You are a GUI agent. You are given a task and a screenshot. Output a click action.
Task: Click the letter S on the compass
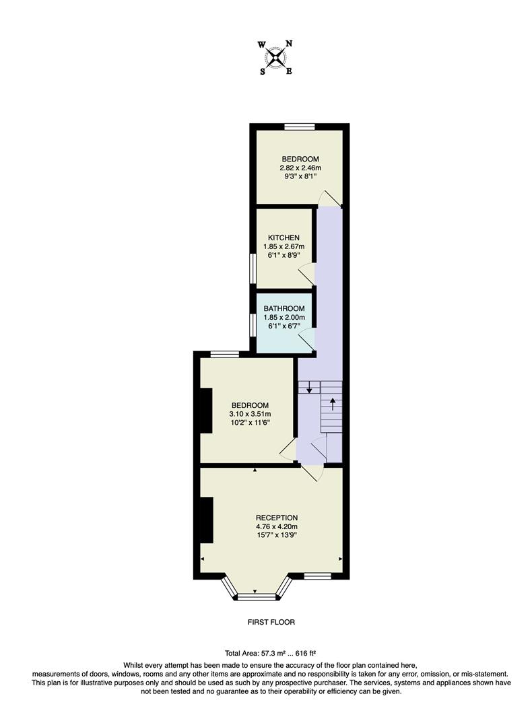click(x=262, y=71)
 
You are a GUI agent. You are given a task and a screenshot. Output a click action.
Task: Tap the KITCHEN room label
click(x=284, y=238)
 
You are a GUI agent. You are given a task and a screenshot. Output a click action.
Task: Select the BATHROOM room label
click(x=284, y=309)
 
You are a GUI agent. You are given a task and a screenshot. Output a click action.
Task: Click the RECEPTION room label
click(x=276, y=518)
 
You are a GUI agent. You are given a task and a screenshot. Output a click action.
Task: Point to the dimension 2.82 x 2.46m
click(x=300, y=168)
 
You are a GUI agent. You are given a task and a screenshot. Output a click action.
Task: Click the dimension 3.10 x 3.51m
click(x=247, y=414)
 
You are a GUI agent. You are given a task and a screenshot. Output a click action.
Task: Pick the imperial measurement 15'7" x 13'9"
click(x=276, y=535)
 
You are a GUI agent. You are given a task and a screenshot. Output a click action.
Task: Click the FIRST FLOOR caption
click(x=271, y=622)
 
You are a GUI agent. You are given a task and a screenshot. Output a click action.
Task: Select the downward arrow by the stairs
click(x=309, y=388)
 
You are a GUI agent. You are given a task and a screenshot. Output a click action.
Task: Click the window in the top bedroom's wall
click(x=300, y=126)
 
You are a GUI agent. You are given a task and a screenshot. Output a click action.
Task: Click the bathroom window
click(x=253, y=324)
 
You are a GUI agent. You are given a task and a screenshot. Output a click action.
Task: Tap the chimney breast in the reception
click(x=206, y=520)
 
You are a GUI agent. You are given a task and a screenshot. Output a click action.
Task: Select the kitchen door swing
click(x=306, y=274)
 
